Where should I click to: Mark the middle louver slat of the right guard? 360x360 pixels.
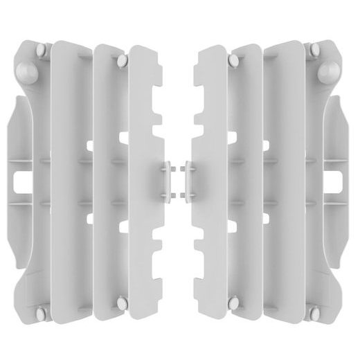click(x=249, y=173)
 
